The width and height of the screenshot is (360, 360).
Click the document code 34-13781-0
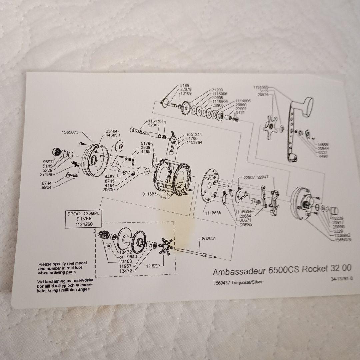pyautogui.click(x=341, y=278)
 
